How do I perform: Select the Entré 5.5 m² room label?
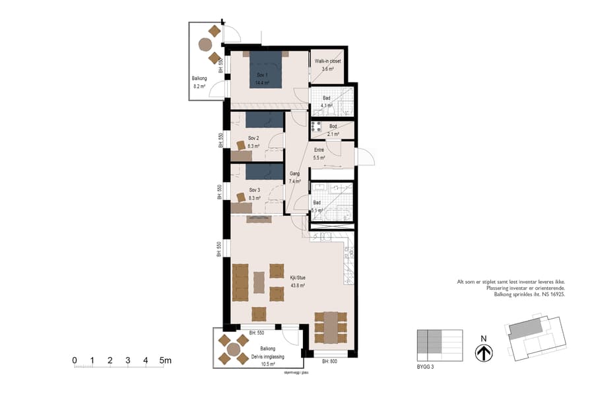[x=321, y=153]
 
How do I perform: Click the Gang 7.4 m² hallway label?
[x=295, y=177]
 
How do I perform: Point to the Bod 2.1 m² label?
[x=333, y=130]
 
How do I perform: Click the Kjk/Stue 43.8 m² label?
[x=298, y=282]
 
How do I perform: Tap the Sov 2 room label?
[x=253, y=142]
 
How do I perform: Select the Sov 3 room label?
[x=254, y=193]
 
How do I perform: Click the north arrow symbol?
[x=484, y=353]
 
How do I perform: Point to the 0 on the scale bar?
[x=75, y=360]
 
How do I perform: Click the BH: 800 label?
[x=330, y=362]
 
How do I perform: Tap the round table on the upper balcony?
[x=205, y=44]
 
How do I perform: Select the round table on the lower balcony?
[x=233, y=348]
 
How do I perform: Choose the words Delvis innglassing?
[x=267, y=356]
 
